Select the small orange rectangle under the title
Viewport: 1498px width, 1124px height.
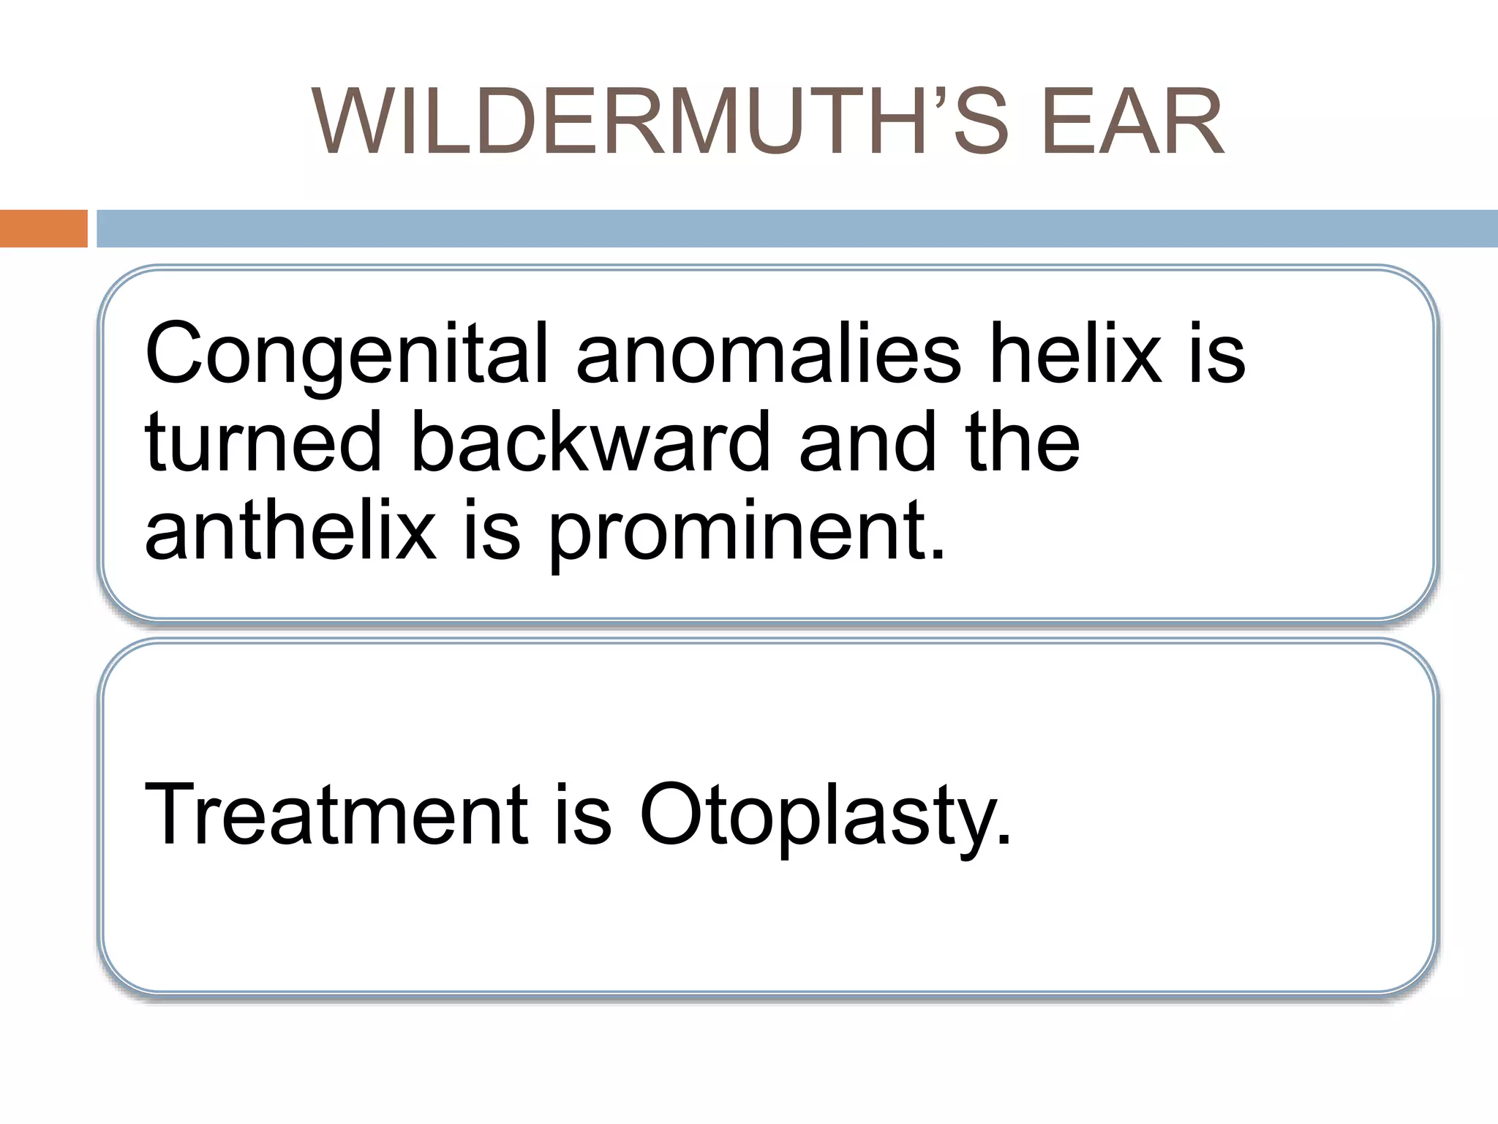(43, 228)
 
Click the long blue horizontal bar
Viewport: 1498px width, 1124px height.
(797, 228)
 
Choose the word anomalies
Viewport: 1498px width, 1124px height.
(768, 354)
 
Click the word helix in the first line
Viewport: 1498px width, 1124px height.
(1076, 354)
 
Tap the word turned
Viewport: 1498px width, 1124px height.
(263, 442)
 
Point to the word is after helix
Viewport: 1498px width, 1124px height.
(1217, 354)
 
